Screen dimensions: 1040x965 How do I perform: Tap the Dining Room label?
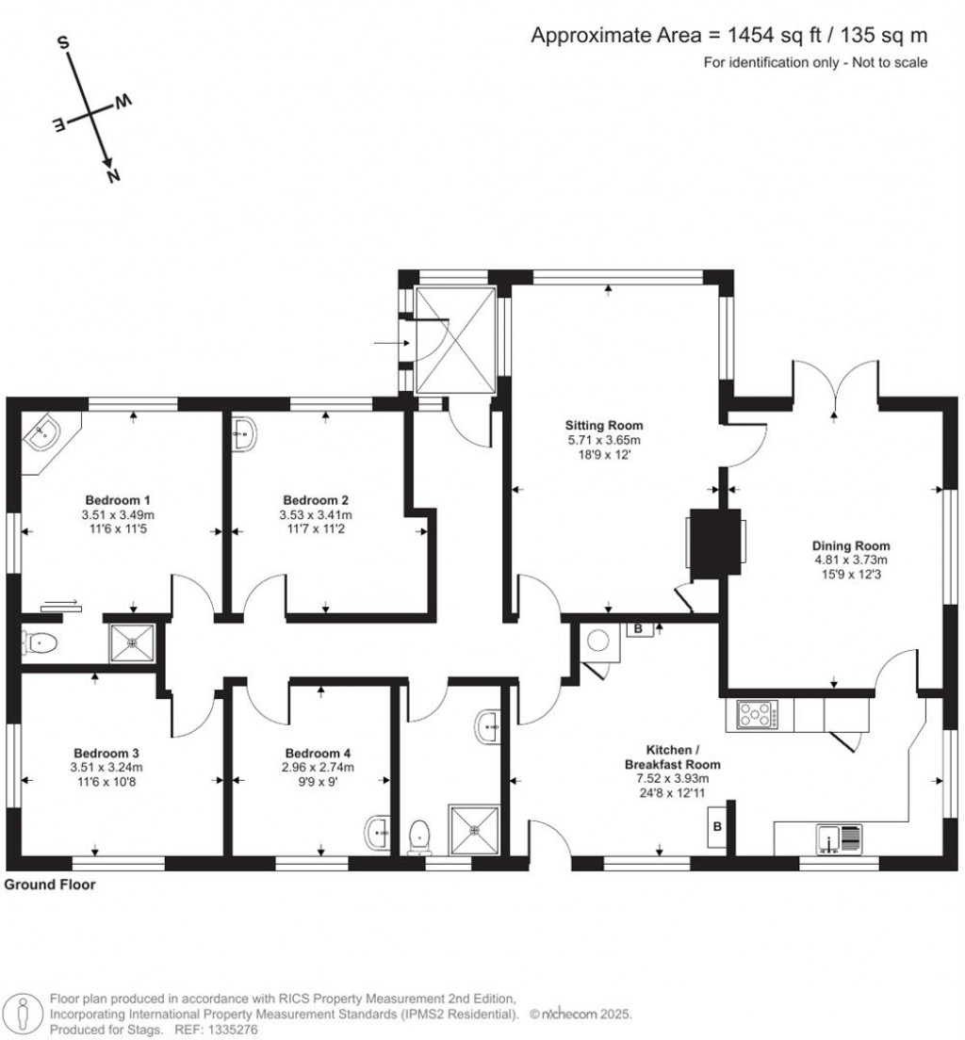click(x=851, y=545)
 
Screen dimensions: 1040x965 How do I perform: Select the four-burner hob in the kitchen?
click(x=758, y=716)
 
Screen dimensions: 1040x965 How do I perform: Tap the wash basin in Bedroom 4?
click(x=377, y=832)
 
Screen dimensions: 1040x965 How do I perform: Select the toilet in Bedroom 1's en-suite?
click(x=41, y=643)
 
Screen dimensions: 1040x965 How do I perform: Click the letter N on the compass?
click(x=114, y=175)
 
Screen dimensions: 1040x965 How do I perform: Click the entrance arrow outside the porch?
click(x=386, y=343)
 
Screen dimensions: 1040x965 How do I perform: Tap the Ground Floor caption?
click(x=50, y=886)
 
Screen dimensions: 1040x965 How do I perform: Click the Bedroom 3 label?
click(x=106, y=754)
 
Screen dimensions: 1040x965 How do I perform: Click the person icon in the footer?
click(x=22, y=1013)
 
